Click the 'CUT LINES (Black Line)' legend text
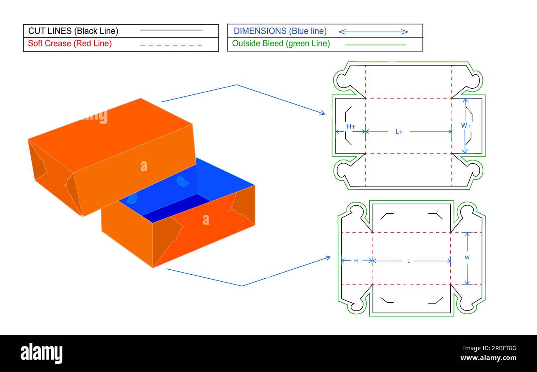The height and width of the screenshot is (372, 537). [73, 31]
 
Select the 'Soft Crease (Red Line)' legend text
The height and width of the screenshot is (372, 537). [70, 43]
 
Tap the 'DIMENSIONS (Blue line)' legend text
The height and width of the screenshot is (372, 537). [280, 31]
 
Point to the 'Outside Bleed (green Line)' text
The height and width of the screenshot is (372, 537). [281, 43]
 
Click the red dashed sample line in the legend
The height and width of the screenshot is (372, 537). [171, 45]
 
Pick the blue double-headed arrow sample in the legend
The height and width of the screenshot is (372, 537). [373, 32]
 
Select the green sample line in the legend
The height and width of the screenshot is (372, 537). [375, 45]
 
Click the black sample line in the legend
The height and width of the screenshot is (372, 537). [171, 30]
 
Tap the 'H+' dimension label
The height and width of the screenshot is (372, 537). [351, 126]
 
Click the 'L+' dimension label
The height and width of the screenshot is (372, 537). [399, 132]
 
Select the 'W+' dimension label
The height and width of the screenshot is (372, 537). [466, 125]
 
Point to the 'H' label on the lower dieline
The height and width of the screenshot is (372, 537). [356, 261]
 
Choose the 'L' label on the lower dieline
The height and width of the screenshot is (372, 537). [409, 261]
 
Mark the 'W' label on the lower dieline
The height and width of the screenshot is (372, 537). [467, 257]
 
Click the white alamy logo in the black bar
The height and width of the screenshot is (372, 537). [41, 353]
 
